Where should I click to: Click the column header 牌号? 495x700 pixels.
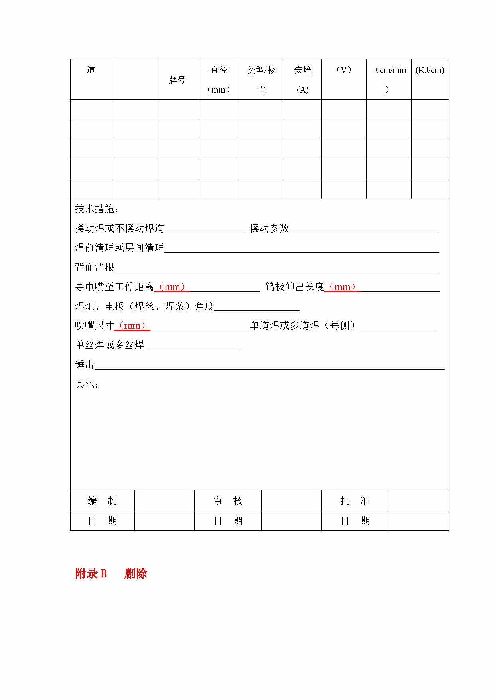(177, 80)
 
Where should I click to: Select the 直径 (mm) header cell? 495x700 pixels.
(219, 80)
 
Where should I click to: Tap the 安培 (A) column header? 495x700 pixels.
(302, 80)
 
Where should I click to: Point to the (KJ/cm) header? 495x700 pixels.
(430, 71)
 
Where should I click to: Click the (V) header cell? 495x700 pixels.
(343, 71)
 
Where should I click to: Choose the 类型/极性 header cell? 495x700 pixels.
(261, 80)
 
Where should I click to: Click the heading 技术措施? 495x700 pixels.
(97, 209)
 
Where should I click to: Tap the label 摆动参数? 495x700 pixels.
(269, 228)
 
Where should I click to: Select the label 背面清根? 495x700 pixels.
(95, 267)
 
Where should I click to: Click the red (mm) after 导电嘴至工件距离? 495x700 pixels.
(172, 287)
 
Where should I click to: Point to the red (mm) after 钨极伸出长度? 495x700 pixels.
(342, 287)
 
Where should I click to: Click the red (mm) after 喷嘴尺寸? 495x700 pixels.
(132, 326)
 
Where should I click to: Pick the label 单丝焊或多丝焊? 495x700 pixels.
(109, 345)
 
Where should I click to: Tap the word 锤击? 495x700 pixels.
(85, 364)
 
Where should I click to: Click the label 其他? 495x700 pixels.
(87, 384)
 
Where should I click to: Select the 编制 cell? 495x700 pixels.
(102, 501)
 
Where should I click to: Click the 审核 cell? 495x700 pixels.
(228, 501)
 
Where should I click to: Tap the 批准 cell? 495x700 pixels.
(355, 501)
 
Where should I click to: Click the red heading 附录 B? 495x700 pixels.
(91, 573)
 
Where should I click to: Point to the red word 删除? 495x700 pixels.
(136, 573)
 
